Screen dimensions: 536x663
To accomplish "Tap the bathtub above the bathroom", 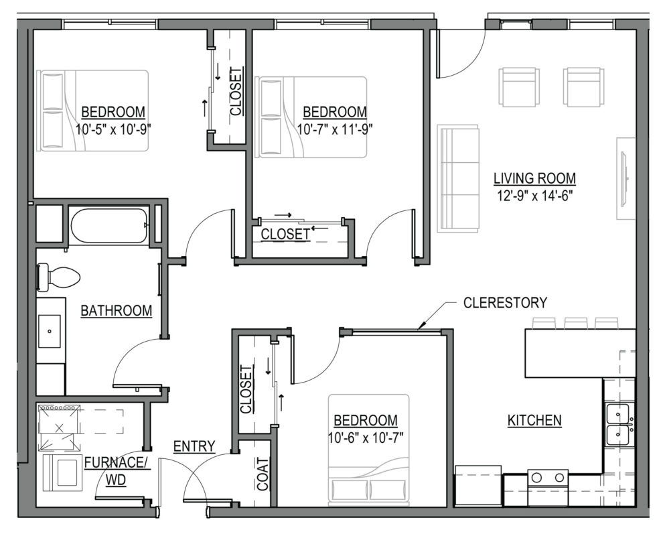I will (x=108, y=225).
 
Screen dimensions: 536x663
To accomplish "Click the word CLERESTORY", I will (x=505, y=303).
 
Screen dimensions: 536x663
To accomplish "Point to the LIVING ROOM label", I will (x=534, y=178).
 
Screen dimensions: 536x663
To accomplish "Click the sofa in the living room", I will (x=458, y=178).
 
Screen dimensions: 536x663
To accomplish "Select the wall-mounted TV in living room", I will (x=625, y=178).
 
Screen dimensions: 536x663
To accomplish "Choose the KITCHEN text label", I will (x=534, y=421).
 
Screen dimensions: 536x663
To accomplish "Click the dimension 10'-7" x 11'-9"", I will (x=334, y=127).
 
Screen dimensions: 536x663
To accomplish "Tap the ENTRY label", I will (x=194, y=446).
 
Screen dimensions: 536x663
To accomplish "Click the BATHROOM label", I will (x=116, y=311).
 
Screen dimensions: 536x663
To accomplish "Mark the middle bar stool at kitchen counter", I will (x=575, y=323).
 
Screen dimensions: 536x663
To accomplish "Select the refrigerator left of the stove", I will (x=478, y=486).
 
